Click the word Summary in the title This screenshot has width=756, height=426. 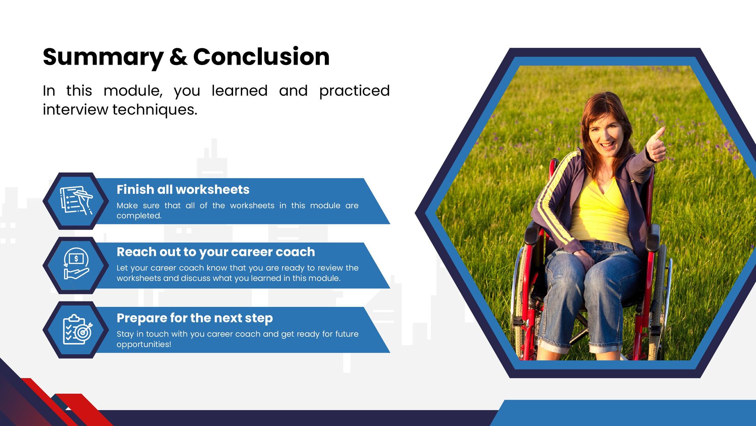click(x=103, y=58)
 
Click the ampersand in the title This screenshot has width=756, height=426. click(x=178, y=57)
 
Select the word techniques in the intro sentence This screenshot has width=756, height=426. click(x=155, y=109)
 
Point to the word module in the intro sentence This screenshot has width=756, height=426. click(x=133, y=91)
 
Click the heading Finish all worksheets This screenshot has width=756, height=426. click(x=183, y=189)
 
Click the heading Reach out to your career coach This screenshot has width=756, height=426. click(x=216, y=252)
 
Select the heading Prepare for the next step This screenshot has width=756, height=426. click(x=195, y=318)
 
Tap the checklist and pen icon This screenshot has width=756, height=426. click(x=76, y=200)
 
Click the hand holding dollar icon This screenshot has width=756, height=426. click(x=76, y=264)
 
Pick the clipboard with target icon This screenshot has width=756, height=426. click(x=78, y=330)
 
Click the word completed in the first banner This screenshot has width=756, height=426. click(x=139, y=216)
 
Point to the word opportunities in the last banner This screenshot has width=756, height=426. click(x=144, y=344)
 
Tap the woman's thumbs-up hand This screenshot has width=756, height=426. click(x=656, y=145)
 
